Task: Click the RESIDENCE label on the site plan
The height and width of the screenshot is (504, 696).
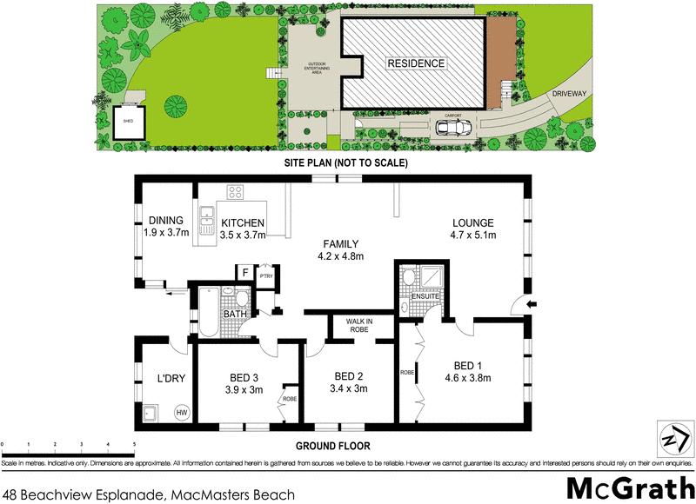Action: (x=416, y=63)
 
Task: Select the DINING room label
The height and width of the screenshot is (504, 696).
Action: (x=165, y=226)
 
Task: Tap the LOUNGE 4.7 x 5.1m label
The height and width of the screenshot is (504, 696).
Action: (x=472, y=228)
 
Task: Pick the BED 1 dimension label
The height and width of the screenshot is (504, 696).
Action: (x=467, y=371)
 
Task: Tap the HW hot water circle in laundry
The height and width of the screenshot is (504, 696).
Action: (x=182, y=413)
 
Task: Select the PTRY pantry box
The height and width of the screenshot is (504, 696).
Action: (x=267, y=275)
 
